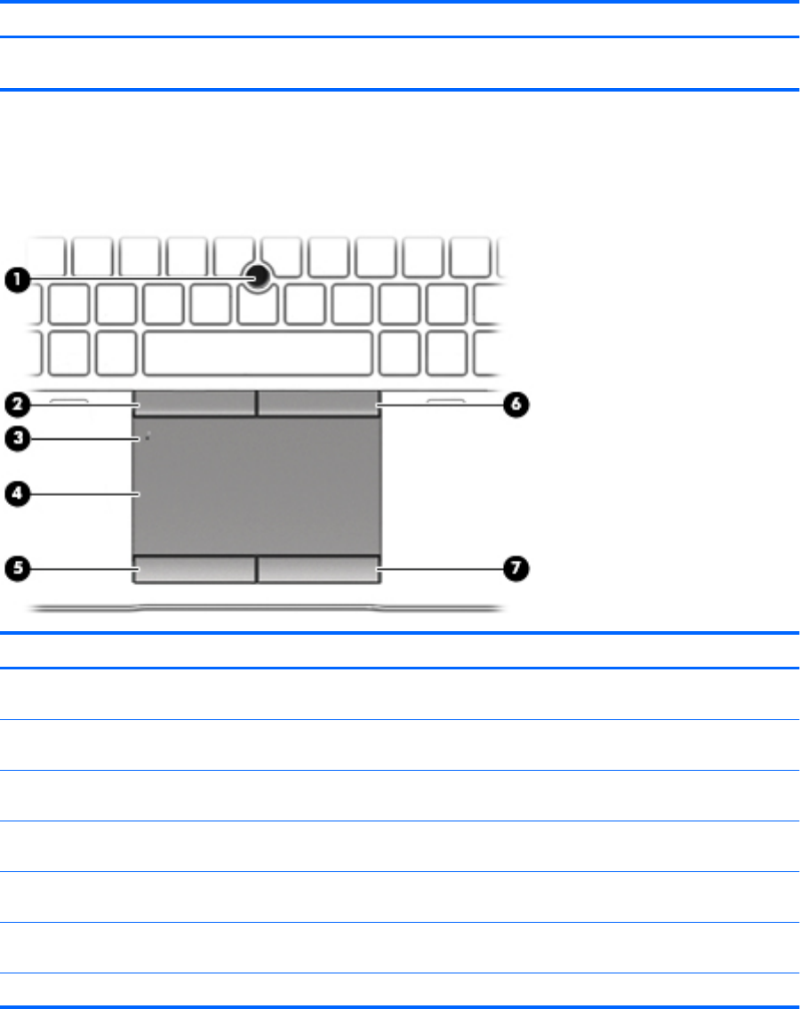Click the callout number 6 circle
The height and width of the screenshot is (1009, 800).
pyautogui.click(x=516, y=404)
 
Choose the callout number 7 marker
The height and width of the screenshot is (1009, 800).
pyautogui.click(x=516, y=567)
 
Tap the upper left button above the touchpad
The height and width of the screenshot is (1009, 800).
pyautogui.click(x=195, y=403)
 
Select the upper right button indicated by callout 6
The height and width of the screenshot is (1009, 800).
pyautogui.click(x=318, y=403)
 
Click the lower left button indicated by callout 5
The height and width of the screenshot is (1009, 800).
pyautogui.click(x=195, y=569)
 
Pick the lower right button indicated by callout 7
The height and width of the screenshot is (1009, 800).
pyautogui.click(x=318, y=569)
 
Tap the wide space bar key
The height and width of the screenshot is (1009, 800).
pyautogui.click(x=257, y=352)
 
